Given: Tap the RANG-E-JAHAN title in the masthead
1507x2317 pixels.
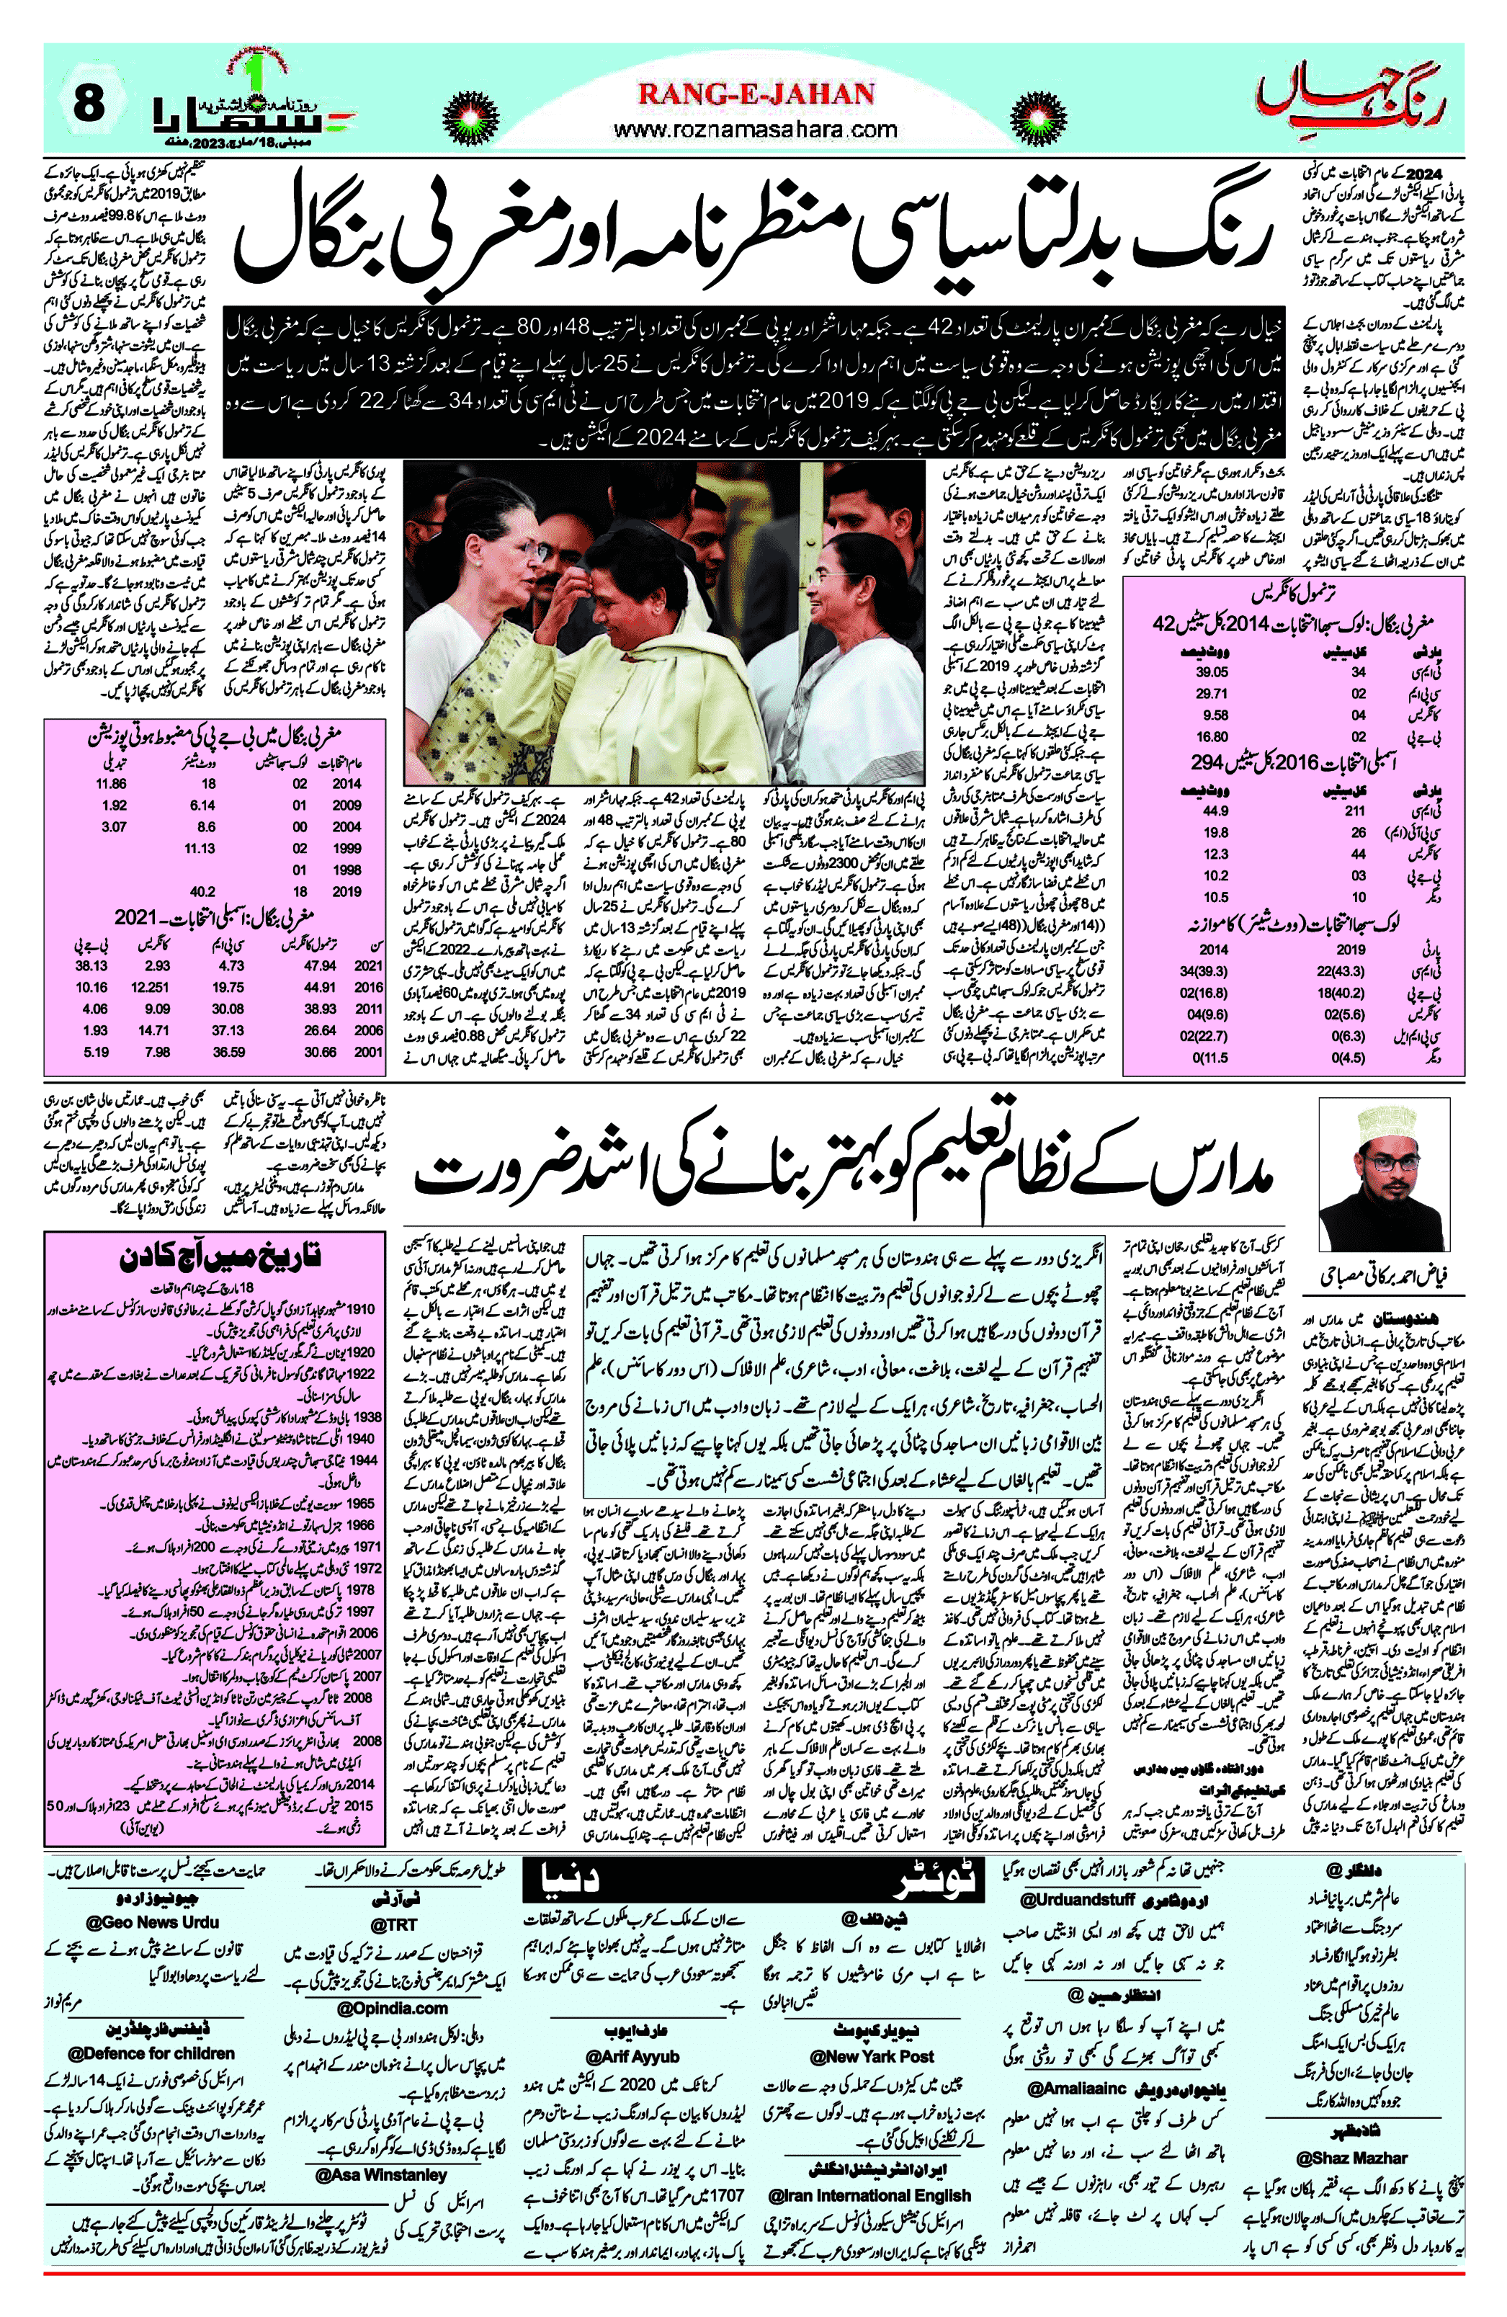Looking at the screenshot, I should tap(756, 94).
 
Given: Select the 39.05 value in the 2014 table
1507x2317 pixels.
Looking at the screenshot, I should tap(1212, 671).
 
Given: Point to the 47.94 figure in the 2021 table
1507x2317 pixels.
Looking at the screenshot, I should tap(321, 965).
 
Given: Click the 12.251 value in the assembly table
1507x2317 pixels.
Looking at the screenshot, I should tap(155, 987).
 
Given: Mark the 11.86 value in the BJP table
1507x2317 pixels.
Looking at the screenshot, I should tap(111, 784).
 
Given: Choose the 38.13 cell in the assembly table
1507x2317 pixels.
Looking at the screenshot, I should tap(91, 965).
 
